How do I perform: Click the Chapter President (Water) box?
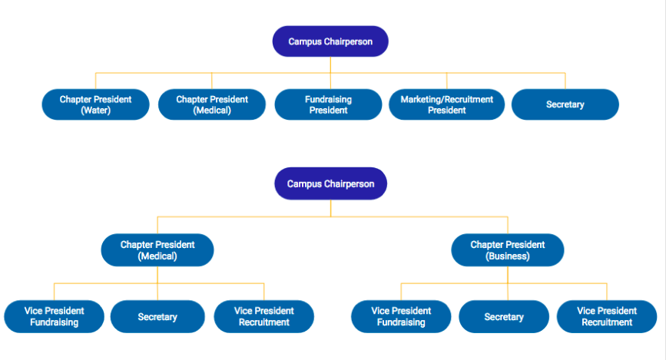click(x=95, y=104)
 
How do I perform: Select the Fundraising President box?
click(x=328, y=104)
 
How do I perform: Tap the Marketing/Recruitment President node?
click(x=447, y=104)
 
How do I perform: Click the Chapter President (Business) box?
click(x=508, y=250)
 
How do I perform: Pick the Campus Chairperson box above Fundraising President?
click(x=330, y=41)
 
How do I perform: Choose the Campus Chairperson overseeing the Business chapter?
click(x=330, y=183)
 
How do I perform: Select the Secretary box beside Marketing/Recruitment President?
click(x=565, y=104)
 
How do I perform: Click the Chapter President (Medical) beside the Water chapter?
click(x=212, y=104)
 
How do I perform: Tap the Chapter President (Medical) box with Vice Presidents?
click(x=157, y=250)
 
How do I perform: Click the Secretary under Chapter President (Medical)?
click(x=157, y=317)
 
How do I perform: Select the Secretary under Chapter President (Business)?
click(x=504, y=317)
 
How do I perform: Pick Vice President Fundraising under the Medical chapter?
click(x=54, y=317)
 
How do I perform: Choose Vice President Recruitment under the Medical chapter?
click(x=263, y=317)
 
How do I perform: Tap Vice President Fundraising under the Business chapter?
click(x=401, y=317)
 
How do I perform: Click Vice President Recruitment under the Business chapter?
click(x=607, y=317)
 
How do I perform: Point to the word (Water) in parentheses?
click(x=95, y=111)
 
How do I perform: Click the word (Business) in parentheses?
click(x=508, y=256)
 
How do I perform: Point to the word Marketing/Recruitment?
click(x=447, y=99)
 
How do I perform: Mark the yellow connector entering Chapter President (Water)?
click(x=95, y=81)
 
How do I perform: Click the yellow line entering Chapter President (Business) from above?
click(x=508, y=225)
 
